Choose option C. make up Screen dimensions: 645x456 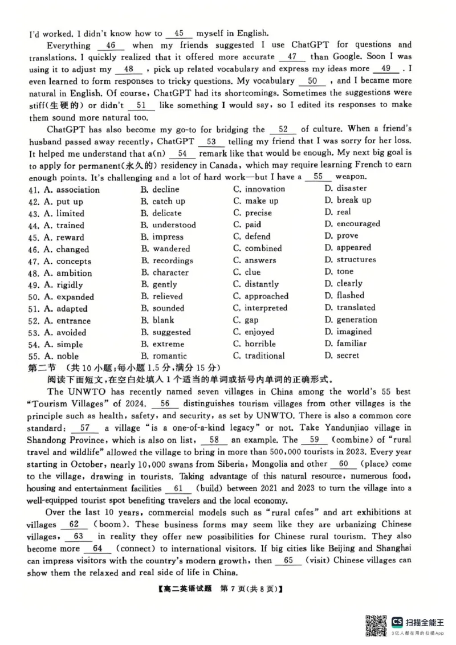(x=256, y=201)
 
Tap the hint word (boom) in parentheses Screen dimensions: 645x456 (x=106, y=524)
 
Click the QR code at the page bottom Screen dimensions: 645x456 (x=376, y=625)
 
